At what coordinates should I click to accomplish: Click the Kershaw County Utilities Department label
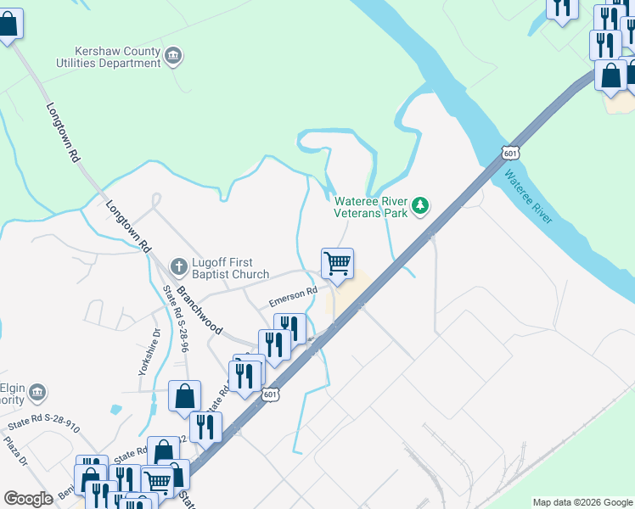click(119, 57)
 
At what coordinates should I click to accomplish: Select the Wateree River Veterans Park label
click(371, 207)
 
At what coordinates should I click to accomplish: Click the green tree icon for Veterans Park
click(419, 205)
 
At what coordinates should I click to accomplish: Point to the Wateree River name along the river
click(527, 198)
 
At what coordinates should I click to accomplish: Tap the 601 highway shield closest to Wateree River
click(509, 153)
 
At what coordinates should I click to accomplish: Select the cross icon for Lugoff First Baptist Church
click(178, 267)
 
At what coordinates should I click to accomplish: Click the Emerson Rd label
click(293, 297)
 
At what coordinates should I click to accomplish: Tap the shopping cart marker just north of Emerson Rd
click(337, 265)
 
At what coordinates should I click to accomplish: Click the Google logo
click(28, 499)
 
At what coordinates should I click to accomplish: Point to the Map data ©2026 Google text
click(582, 502)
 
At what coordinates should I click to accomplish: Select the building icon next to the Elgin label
click(37, 392)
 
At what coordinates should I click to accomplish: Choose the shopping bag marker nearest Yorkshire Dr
click(184, 396)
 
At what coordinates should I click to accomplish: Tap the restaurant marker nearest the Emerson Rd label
click(289, 328)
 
